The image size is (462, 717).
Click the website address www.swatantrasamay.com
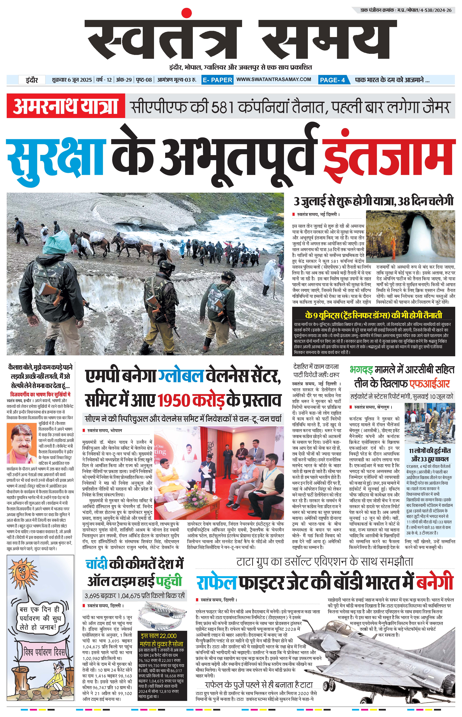[274, 79]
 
